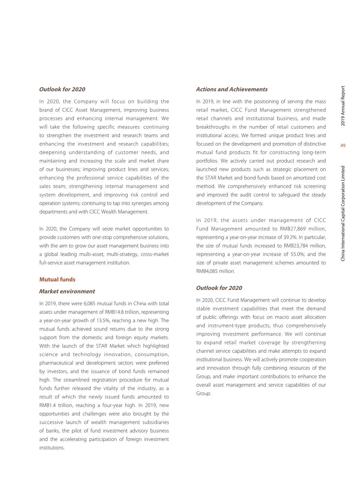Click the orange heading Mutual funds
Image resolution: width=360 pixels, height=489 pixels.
[x=57, y=279]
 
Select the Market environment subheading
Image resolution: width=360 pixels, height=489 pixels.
[x=67, y=291]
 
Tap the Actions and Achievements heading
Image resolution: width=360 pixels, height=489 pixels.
[x=231, y=89]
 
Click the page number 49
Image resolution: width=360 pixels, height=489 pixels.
[x=343, y=146]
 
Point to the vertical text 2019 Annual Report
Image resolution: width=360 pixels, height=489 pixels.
[x=343, y=106]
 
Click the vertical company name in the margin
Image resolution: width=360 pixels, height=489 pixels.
[x=343, y=213]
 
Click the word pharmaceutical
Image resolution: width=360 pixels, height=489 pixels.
[x=56, y=363]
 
